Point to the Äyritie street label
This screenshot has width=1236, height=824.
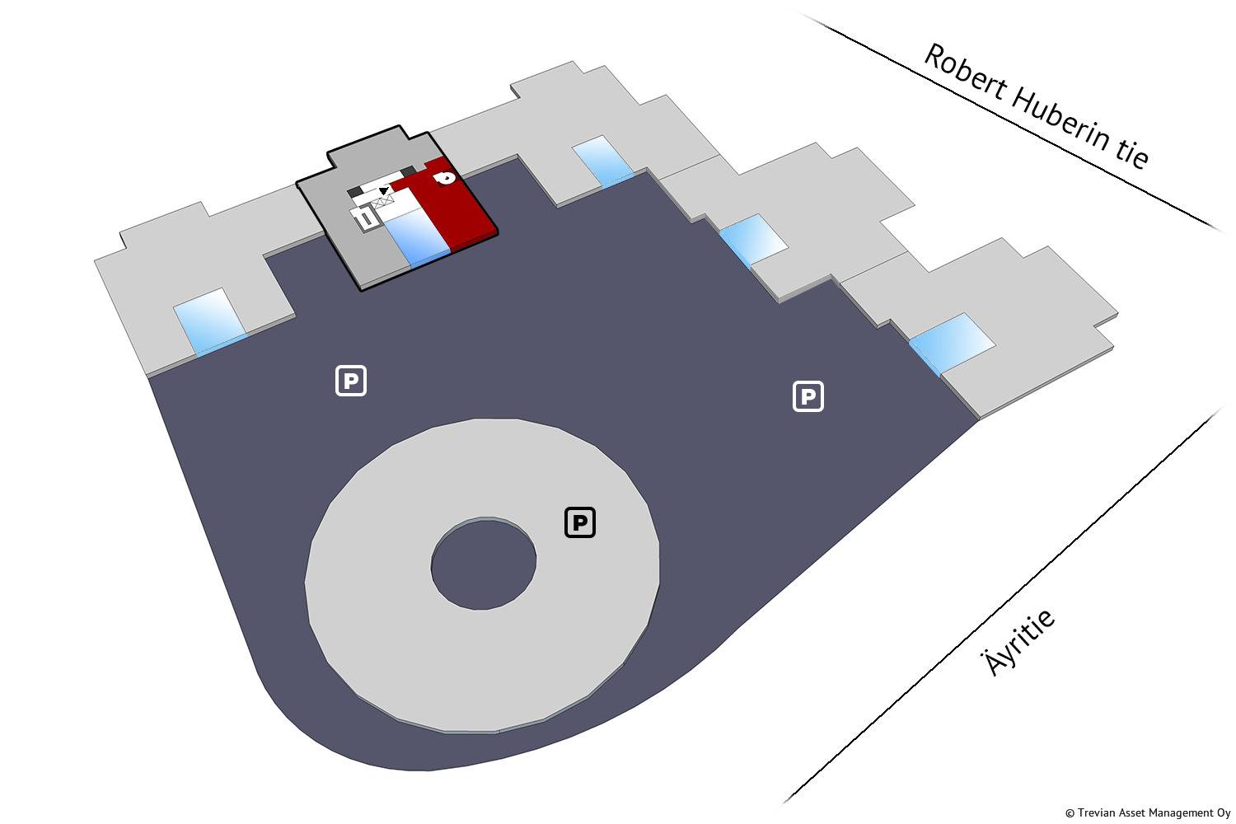1019,644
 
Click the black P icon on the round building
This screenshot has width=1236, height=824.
580,522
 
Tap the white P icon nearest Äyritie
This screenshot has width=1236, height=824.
808,396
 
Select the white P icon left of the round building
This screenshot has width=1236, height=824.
350,381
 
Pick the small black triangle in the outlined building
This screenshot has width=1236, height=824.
383,190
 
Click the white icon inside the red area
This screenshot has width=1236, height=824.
444,177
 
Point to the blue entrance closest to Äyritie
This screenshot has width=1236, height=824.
951,341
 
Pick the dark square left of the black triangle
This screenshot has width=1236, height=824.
355,192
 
